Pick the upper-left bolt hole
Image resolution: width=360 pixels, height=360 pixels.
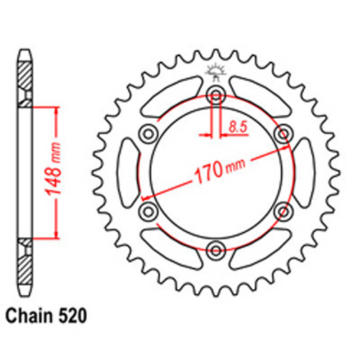148,132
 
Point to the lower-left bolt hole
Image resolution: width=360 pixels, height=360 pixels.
148,211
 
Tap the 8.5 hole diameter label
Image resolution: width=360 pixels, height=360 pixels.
237,127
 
